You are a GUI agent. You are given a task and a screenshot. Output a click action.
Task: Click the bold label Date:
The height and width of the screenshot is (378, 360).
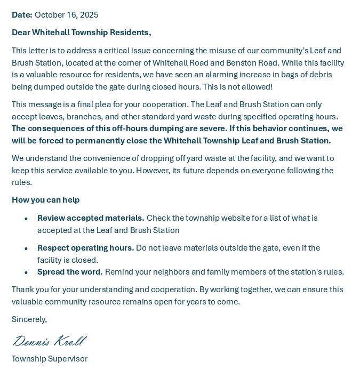(22, 15)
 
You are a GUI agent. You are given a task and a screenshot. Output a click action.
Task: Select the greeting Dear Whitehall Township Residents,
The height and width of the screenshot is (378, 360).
(82, 33)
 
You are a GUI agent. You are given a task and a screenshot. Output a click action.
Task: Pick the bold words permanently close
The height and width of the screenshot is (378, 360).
(109, 141)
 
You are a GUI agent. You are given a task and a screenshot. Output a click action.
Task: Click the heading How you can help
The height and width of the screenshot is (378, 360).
(46, 200)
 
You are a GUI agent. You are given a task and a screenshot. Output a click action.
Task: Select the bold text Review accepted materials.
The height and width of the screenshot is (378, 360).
(91, 218)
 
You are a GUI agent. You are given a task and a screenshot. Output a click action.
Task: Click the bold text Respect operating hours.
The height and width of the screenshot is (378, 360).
(85, 248)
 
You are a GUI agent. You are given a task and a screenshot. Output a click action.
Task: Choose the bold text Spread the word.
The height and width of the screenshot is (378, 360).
(70, 272)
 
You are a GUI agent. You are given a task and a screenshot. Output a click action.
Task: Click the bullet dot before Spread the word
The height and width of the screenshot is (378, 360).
(26, 272)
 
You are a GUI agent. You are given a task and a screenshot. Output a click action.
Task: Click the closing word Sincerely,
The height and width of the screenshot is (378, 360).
(29, 319)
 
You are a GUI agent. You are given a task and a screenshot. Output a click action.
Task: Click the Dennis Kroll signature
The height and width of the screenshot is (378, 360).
(49, 341)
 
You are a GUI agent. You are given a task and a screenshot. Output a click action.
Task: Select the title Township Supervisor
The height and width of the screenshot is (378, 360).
(50, 359)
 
